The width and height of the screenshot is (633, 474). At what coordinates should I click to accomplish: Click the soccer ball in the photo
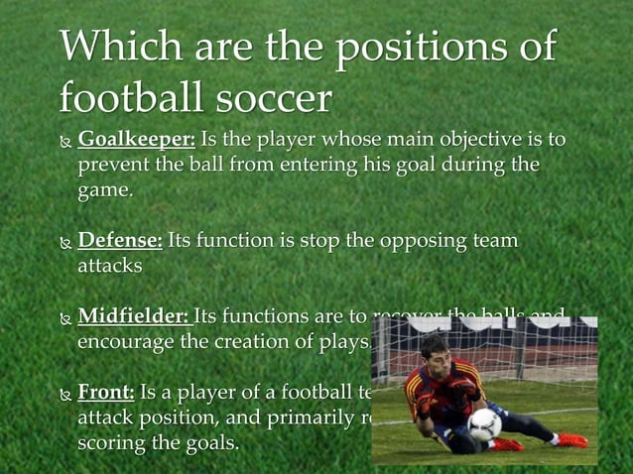click(484, 425)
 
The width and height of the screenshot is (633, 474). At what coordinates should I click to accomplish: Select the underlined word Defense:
click(120, 240)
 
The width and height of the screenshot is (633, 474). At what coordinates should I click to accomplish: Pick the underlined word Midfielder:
click(134, 317)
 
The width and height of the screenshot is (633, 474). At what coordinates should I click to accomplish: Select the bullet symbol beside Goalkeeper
click(65, 138)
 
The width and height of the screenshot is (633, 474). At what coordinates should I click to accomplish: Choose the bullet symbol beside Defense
click(65, 242)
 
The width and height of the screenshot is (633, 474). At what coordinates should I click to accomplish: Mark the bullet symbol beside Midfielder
click(65, 319)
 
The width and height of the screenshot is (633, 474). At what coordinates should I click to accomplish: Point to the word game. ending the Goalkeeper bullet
click(105, 190)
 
